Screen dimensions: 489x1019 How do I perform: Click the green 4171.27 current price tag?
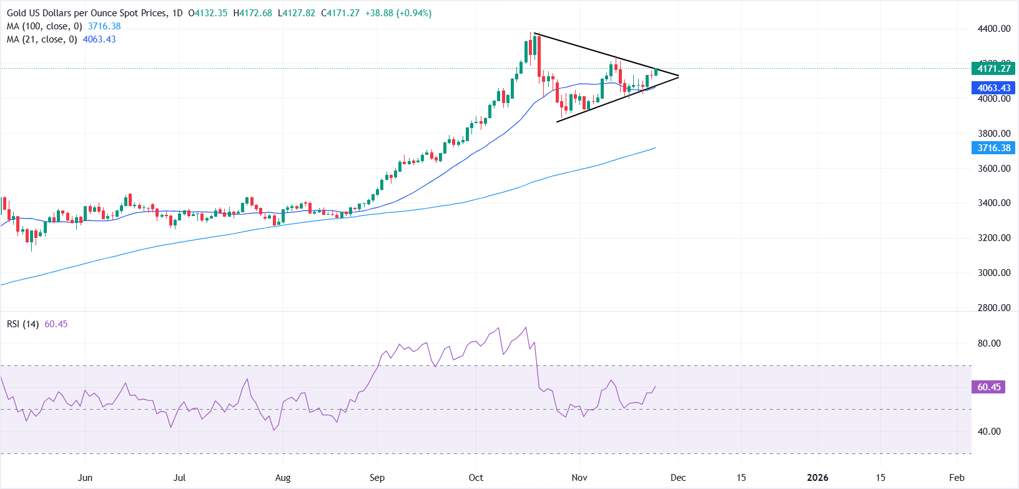[993, 69]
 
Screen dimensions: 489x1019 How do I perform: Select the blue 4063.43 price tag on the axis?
[993, 88]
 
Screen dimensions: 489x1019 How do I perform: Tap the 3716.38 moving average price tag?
[993, 148]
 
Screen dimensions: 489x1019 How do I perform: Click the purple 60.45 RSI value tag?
[989, 387]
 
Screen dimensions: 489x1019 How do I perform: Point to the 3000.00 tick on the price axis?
[994, 273]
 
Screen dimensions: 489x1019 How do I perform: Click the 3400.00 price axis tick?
[994, 203]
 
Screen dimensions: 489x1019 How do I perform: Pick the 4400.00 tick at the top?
[994, 29]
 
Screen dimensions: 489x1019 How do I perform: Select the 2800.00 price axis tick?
[994, 308]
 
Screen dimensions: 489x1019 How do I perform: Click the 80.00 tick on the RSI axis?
[989, 343]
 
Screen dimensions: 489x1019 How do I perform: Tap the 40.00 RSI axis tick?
[989, 432]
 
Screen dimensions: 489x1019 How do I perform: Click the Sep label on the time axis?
[377, 478]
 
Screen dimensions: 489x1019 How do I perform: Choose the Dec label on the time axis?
[678, 478]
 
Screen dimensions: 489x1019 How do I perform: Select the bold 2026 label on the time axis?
[817, 478]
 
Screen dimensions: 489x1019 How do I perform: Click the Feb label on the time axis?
[957, 478]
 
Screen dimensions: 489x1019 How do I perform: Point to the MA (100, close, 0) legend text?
[44, 26]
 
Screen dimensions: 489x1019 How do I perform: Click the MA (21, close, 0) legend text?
[42, 39]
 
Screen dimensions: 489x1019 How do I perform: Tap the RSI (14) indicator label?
[23, 324]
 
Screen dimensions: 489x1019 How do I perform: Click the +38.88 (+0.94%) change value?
[398, 13]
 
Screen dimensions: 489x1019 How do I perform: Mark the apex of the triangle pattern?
[679, 76]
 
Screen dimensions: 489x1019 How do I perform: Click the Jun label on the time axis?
[85, 478]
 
